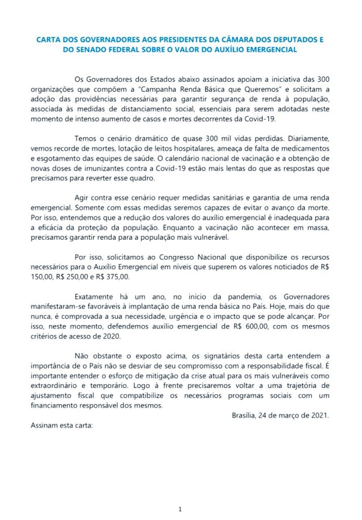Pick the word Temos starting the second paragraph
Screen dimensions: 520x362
click(x=85, y=138)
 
